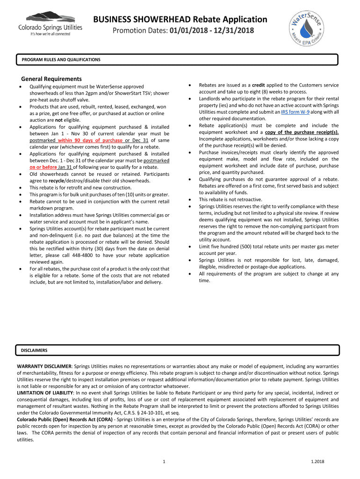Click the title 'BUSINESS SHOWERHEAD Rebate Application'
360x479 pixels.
pos(180,19)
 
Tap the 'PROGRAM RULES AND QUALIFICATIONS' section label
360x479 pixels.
pos(61,60)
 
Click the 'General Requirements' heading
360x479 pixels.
pos(51,79)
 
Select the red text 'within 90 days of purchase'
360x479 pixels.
pos(91,140)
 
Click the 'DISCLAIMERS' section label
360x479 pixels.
pos(34,350)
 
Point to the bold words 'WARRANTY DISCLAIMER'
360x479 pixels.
pos(44,365)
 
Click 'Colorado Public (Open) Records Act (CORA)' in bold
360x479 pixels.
pos(66,420)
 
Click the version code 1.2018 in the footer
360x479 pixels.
pos(317,463)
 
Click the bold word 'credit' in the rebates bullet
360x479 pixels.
pos(259,85)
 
